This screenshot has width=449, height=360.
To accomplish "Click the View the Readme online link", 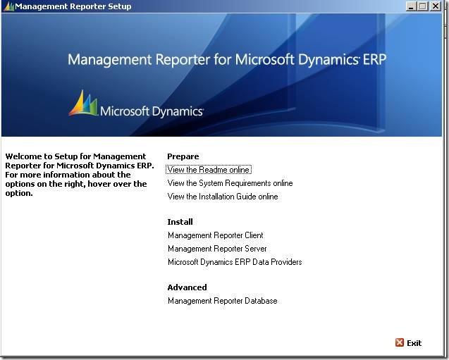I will click(209, 170).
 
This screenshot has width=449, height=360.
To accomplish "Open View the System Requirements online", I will click(230, 183).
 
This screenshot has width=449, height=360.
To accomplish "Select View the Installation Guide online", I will click(223, 197).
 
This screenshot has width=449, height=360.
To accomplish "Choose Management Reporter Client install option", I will click(215, 235).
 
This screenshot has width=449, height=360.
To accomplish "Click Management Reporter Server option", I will click(217, 249).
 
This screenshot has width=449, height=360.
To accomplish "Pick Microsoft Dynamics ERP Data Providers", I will click(235, 262).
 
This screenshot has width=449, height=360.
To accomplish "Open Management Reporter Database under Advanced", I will click(222, 301).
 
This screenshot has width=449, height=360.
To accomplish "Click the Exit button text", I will click(414, 343).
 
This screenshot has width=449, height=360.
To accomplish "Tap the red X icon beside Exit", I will click(400, 343).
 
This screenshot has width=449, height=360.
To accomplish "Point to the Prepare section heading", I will click(183, 156).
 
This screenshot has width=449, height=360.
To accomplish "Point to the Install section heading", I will click(180, 222).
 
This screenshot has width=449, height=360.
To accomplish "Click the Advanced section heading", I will click(187, 287).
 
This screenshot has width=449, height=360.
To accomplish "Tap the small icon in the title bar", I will click(8, 6).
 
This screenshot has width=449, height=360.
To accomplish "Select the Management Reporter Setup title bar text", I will click(73, 6).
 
